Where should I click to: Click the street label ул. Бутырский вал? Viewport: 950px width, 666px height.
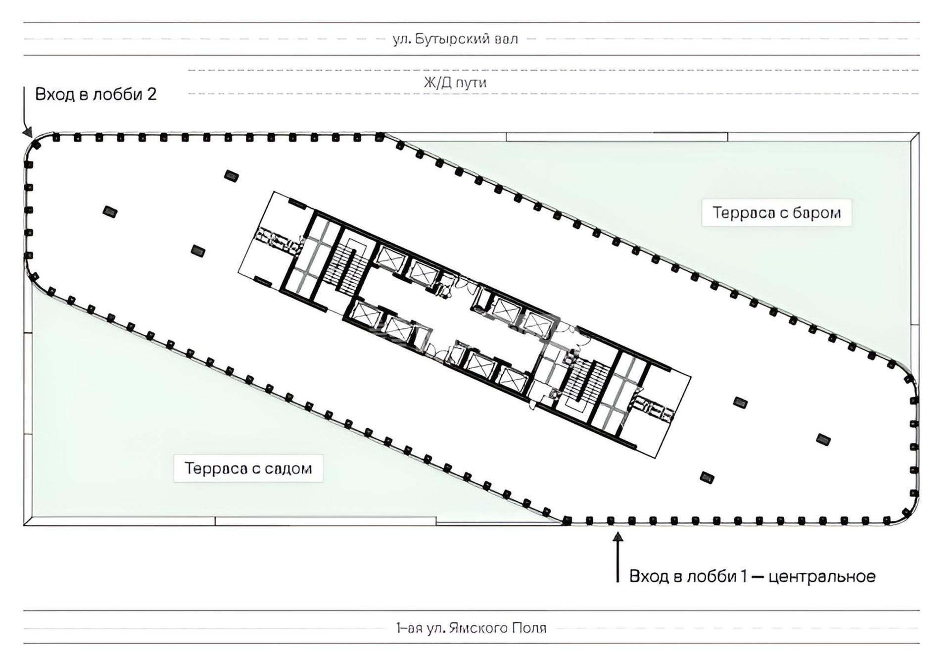(x=455, y=39)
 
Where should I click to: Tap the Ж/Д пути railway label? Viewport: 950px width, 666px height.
(x=455, y=82)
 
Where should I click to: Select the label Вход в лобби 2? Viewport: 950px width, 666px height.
(x=96, y=94)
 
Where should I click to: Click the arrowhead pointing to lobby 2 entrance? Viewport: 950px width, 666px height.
(x=28, y=132)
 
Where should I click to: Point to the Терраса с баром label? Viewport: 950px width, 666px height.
(x=776, y=212)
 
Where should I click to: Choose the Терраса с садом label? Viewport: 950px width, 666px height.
(x=248, y=468)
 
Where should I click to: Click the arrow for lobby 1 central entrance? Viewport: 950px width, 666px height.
(x=617, y=557)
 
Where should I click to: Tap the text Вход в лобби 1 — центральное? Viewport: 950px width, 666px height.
(x=752, y=576)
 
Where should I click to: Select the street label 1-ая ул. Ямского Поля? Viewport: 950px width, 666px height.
(x=471, y=628)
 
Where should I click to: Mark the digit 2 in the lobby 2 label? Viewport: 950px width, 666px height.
(x=152, y=94)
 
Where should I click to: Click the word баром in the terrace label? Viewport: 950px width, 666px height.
(x=816, y=212)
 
